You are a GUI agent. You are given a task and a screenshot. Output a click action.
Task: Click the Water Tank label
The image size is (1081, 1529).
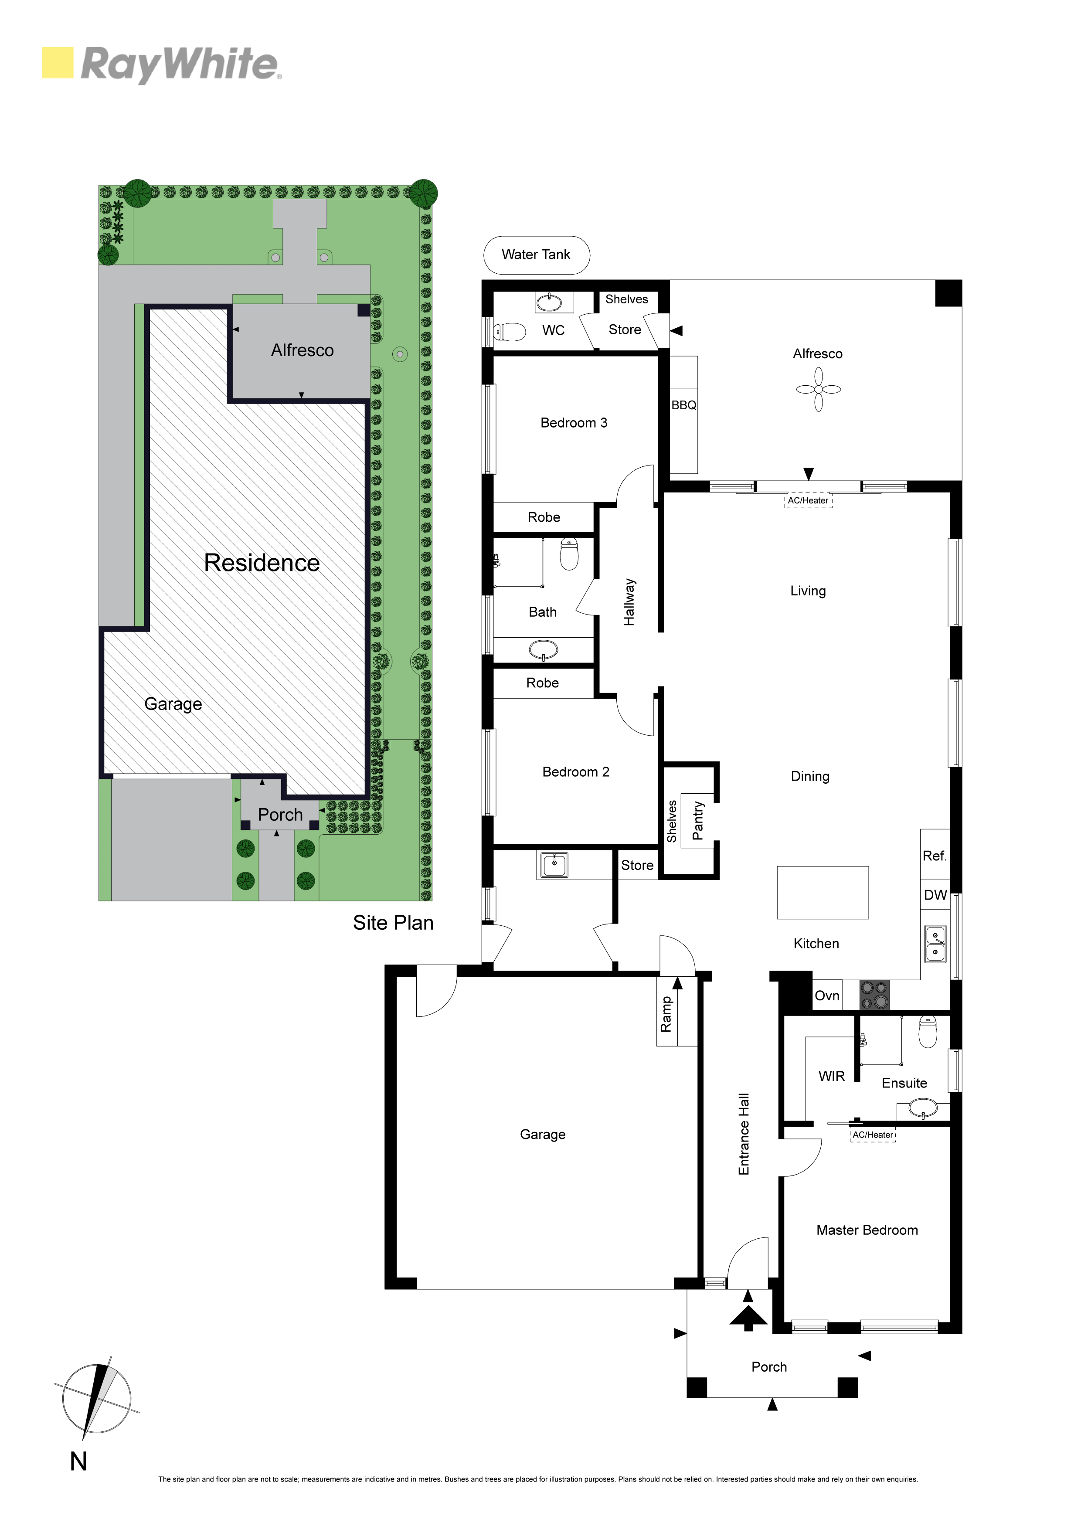click(536, 255)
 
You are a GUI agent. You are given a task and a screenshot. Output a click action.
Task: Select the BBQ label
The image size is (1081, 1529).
click(683, 405)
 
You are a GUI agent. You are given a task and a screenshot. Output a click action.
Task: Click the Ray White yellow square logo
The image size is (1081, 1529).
click(57, 63)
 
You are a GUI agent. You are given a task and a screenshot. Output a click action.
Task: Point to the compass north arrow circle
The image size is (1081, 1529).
click(97, 1399)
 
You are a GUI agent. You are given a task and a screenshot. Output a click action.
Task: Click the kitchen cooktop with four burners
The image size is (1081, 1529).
click(874, 995)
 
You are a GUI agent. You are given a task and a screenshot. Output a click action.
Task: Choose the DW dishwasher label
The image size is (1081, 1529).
click(935, 895)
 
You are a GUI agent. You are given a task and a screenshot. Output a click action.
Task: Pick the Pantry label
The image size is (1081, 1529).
click(697, 820)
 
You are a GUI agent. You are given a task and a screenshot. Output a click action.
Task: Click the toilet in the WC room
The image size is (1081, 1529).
click(510, 331)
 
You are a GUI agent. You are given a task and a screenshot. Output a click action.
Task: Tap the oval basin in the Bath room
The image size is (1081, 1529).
click(544, 649)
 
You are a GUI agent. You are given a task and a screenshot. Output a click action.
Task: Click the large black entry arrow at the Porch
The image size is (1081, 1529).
click(748, 1317)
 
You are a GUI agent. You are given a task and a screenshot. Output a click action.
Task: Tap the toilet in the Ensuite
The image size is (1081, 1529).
click(928, 1032)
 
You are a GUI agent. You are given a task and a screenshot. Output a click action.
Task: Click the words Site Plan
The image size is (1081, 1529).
click(393, 923)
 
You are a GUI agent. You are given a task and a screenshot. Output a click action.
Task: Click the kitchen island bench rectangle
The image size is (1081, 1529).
click(823, 892)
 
